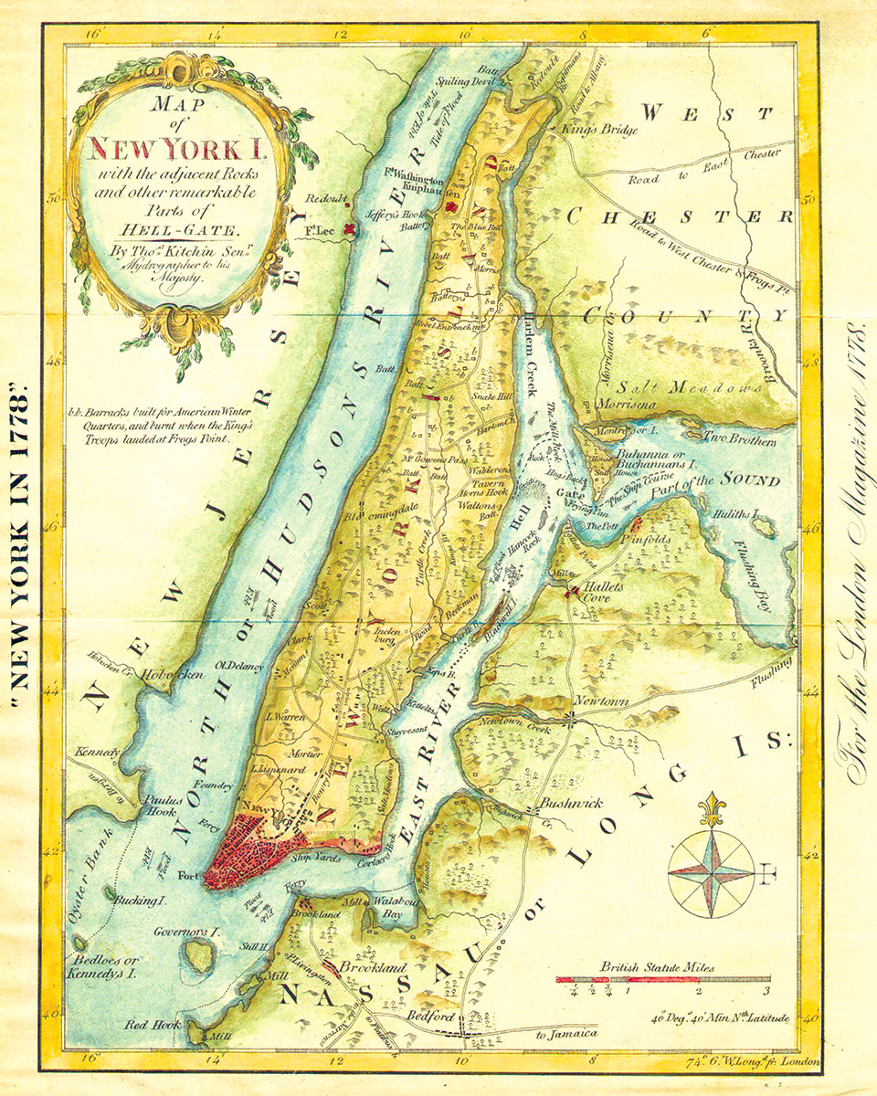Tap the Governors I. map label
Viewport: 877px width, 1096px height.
[187, 933]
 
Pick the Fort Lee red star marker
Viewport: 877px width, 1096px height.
[348, 231]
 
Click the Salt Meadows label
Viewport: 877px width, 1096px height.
[690, 387]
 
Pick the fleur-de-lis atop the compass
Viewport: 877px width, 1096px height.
[712, 808]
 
